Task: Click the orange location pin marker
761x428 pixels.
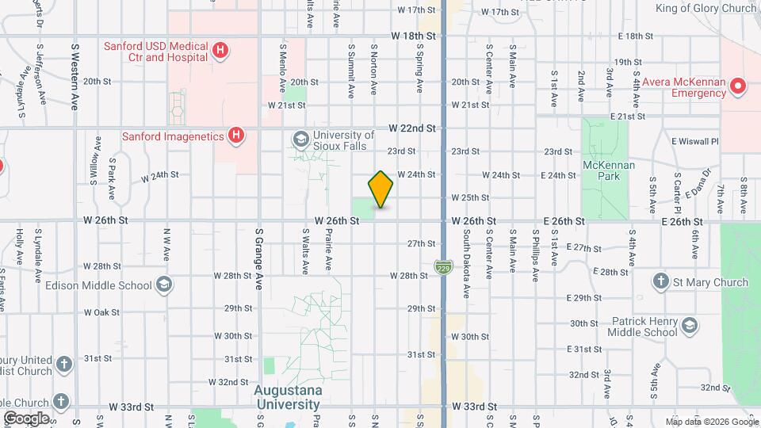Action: click(381, 189)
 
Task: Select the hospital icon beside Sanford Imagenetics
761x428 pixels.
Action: click(235, 136)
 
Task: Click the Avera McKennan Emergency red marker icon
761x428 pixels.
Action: click(738, 86)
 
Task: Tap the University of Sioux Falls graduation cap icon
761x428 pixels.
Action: click(300, 140)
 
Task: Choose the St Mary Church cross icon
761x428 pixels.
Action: click(660, 281)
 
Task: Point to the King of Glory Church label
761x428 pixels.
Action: click(706, 9)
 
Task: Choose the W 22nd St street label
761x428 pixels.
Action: click(412, 128)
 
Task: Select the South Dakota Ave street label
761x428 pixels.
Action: click(467, 254)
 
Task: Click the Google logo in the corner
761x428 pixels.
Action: click(26, 418)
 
